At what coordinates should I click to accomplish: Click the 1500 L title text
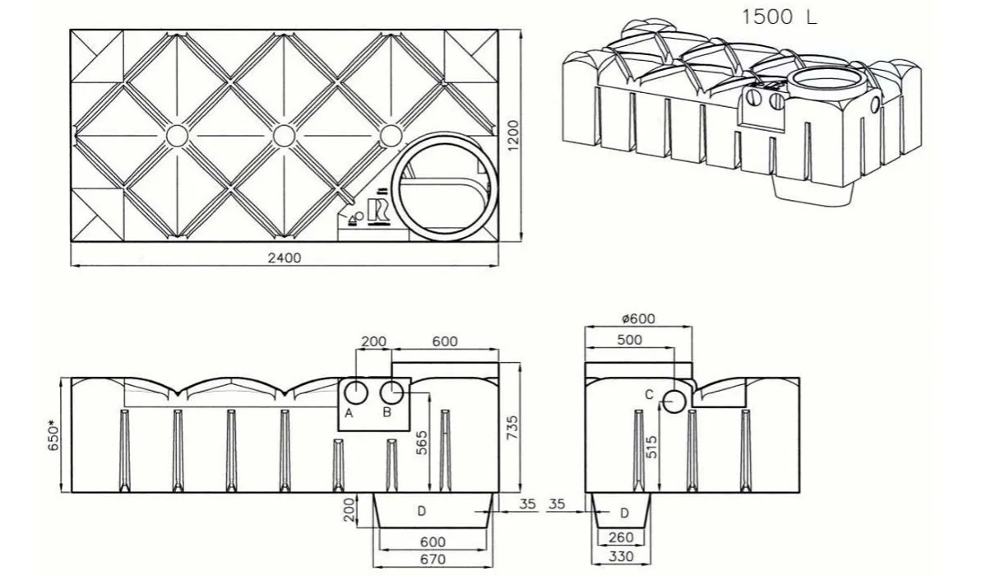pyautogui.click(x=779, y=17)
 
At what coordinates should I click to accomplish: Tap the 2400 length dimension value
pyautogui.click(x=285, y=257)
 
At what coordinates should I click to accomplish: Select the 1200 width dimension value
pyautogui.click(x=514, y=135)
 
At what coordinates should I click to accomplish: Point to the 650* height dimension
pyautogui.click(x=54, y=434)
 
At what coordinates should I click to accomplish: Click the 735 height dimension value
pyautogui.click(x=512, y=428)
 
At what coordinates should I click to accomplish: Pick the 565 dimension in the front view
pyautogui.click(x=421, y=443)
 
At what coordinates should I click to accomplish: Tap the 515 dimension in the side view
pyautogui.click(x=651, y=448)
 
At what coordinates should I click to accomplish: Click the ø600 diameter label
pyautogui.click(x=637, y=318)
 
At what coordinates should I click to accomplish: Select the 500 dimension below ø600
pyautogui.click(x=629, y=340)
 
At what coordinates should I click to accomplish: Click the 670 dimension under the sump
pyautogui.click(x=433, y=559)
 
